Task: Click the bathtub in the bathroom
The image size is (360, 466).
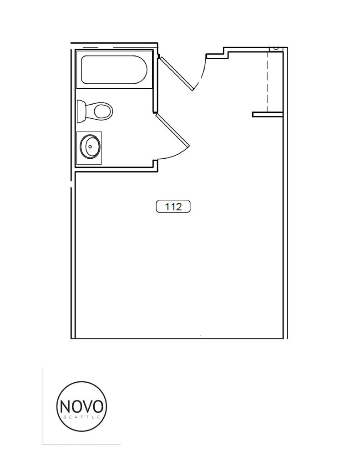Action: pyautogui.click(x=114, y=70)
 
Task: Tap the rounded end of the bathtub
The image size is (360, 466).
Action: pyautogui.click(x=142, y=70)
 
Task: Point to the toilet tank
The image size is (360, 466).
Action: pyautogui.click(x=81, y=111)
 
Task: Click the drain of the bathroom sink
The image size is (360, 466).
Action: pyautogui.click(x=90, y=147)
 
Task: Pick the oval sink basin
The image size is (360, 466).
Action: pyautogui.click(x=90, y=147)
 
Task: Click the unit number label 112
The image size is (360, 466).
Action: pyautogui.click(x=173, y=207)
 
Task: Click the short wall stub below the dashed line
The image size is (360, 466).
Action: pyautogui.click(x=268, y=114)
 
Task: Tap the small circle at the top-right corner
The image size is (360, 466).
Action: pyautogui.click(x=276, y=47)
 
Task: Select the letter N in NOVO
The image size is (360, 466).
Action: pyautogui.click(x=65, y=405)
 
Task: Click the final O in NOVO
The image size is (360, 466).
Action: pyautogui.click(x=100, y=405)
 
